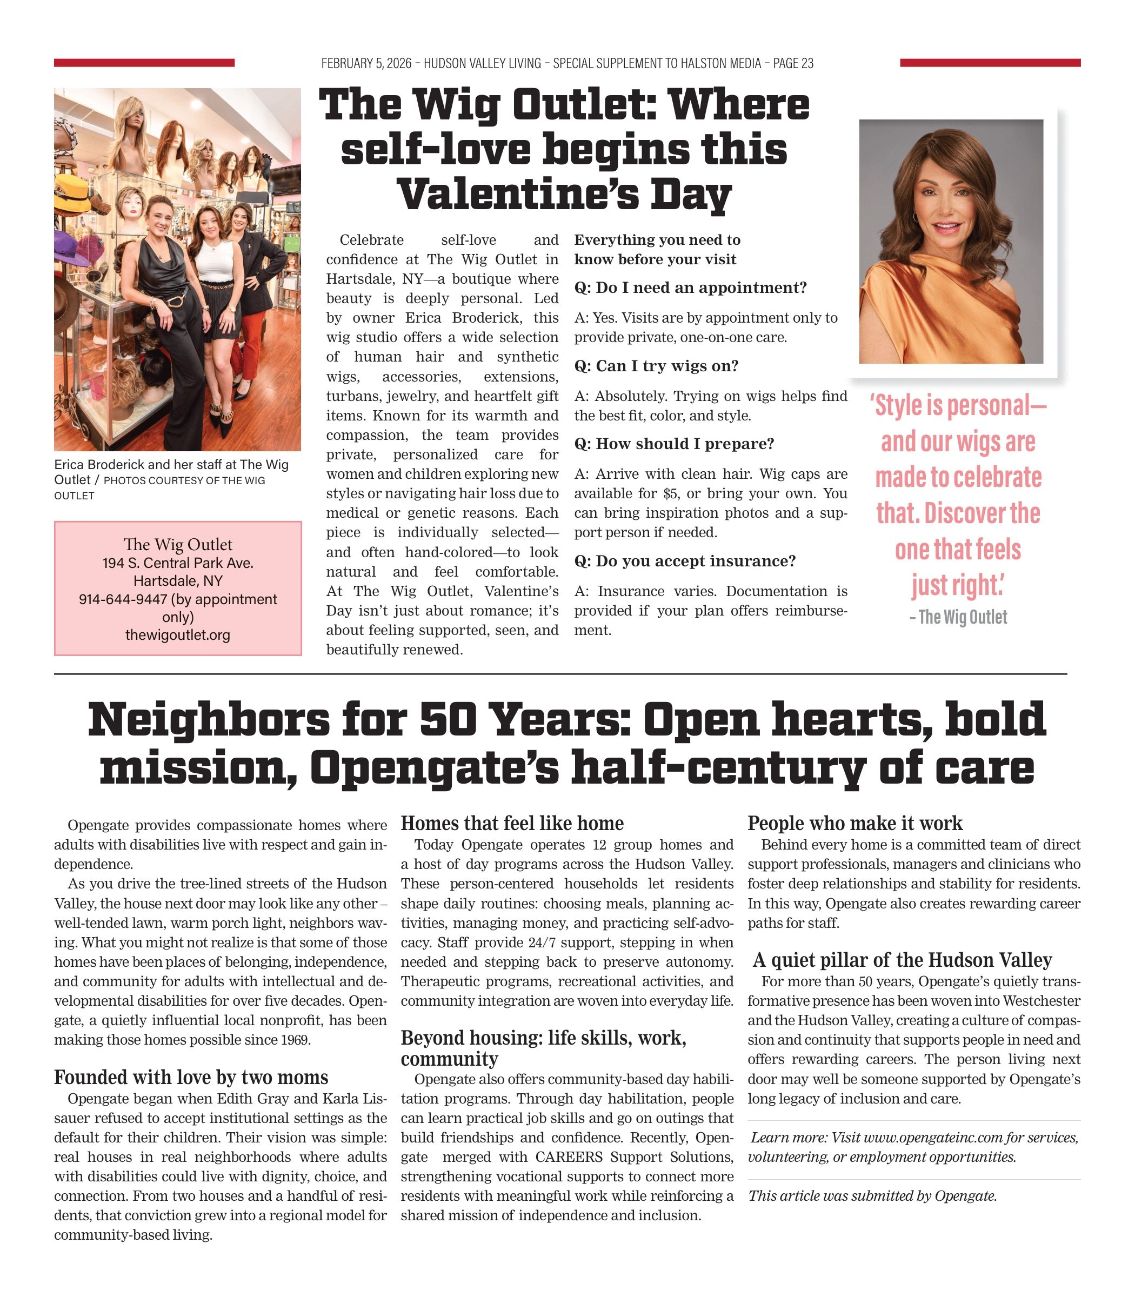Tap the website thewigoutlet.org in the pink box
click(x=177, y=634)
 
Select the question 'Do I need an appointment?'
click(x=690, y=288)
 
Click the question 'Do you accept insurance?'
click(x=685, y=561)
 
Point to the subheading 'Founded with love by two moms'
click(x=191, y=1077)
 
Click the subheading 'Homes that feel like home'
click(x=512, y=823)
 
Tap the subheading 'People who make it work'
click(x=854, y=823)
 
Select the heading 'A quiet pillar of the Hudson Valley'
click(x=902, y=960)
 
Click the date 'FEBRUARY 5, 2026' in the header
click(x=366, y=63)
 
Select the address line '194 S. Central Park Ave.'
click(x=177, y=563)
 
